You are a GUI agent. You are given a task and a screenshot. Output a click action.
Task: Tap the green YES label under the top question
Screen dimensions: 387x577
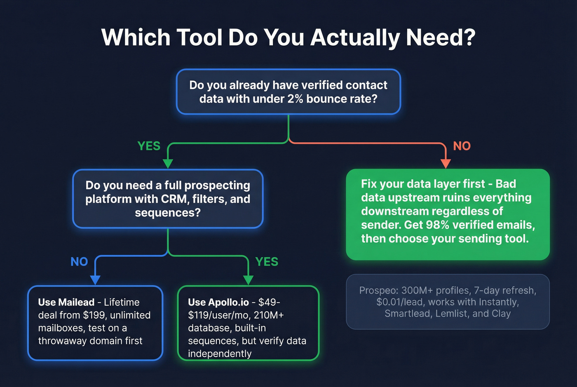pyautogui.click(x=149, y=146)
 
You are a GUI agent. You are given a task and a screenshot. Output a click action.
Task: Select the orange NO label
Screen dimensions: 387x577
pyautogui.click(x=462, y=146)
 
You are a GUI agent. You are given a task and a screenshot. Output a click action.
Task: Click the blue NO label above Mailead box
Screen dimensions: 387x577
pyautogui.click(x=79, y=262)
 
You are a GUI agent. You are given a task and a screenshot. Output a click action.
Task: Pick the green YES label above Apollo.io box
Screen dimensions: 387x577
pyautogui.click(x=267, y=262)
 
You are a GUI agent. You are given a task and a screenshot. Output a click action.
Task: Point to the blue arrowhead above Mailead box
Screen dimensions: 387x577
pyautogui.click(x=95, y=280)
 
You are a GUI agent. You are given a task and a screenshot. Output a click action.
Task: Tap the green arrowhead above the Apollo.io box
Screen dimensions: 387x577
pyautogui.click(x=248, y=280)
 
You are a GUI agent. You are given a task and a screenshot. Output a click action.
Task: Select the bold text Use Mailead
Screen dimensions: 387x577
pyautogui.click(x=66, y=302)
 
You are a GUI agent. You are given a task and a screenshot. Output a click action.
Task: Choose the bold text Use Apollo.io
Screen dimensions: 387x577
pyautogui.click(x=218, y=302)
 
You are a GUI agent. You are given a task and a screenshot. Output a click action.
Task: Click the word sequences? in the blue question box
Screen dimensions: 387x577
pyautogui.click(x=168, y=213)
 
